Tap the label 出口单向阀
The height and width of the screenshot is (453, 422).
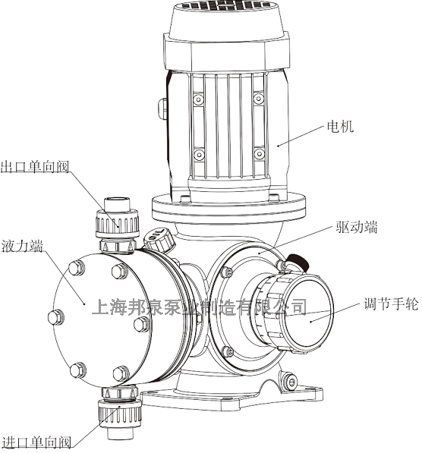pyautogui.click(x=34, y=166)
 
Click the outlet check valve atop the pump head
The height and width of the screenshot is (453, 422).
pyautogui.click(x=117, y=220)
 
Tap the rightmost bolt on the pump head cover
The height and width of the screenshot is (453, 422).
pyautogui.click(x=141, y=324)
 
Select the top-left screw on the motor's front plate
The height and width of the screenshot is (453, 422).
pyautogui.click(x=199, y=99)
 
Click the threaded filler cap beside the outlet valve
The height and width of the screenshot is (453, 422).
pyautogui.click(x=159, y=240)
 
